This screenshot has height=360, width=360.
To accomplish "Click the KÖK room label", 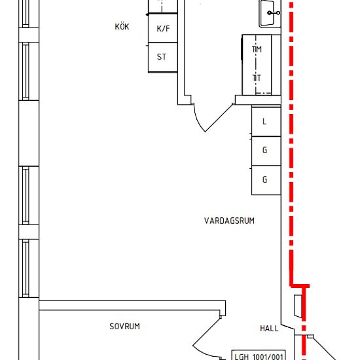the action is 122,26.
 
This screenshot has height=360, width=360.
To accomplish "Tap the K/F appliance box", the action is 163,28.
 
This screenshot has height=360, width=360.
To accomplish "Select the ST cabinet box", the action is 163,58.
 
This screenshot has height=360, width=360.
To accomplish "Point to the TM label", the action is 257,49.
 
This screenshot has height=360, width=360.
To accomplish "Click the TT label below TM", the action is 257,79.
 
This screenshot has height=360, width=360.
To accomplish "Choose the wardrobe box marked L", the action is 266,122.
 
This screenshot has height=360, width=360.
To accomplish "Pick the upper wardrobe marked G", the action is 266,151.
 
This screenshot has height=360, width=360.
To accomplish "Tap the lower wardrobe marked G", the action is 266,180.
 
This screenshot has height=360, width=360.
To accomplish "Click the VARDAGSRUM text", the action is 229,221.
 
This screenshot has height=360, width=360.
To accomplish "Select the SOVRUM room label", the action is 124,326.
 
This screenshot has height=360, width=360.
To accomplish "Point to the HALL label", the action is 269,329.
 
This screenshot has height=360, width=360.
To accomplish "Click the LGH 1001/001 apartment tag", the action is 259,355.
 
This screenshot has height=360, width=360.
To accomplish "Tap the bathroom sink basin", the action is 267,13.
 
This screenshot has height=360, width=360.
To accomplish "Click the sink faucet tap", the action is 274,13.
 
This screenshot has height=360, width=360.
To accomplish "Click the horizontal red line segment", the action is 300,286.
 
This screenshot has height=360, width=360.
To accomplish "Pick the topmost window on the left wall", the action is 26,14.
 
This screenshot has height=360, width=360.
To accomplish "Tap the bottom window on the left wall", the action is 26,268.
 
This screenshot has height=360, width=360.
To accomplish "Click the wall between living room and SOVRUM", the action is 132,306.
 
